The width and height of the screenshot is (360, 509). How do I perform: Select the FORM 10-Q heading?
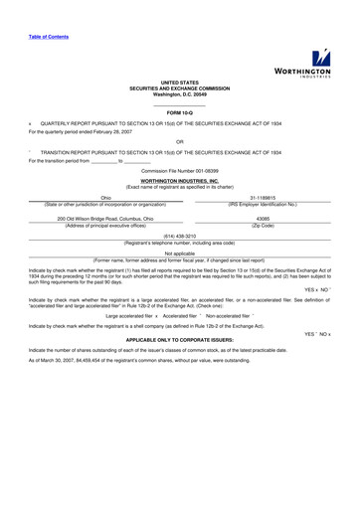click(x=180, y=113)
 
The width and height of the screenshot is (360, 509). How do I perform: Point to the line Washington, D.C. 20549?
click(x=180, y=93)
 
